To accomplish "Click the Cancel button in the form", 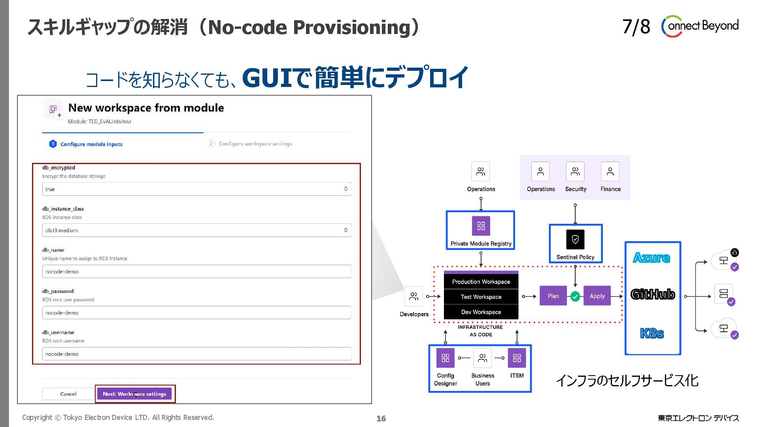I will point(68,394).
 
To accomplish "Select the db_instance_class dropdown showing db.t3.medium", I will point(196,230).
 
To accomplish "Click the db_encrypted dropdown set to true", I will point(196,189).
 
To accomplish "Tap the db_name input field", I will point(196,272).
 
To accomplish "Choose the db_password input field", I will point(196,313).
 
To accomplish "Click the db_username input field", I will point(196,354).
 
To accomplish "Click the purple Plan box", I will point(553,296).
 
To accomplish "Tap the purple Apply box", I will point(597,296).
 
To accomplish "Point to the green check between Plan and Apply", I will point(575,297).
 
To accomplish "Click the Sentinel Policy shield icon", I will point(575,240).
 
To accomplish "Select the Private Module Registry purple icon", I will point(481,226).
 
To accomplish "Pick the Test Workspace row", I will point(481,297).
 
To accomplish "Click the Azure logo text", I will point(651,258).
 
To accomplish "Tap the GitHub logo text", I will point(653,294).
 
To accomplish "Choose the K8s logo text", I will point(652,333).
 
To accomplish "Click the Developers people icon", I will point(413,297).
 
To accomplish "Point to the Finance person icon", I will point(610,172).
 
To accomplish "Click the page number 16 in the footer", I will point(381,418).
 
